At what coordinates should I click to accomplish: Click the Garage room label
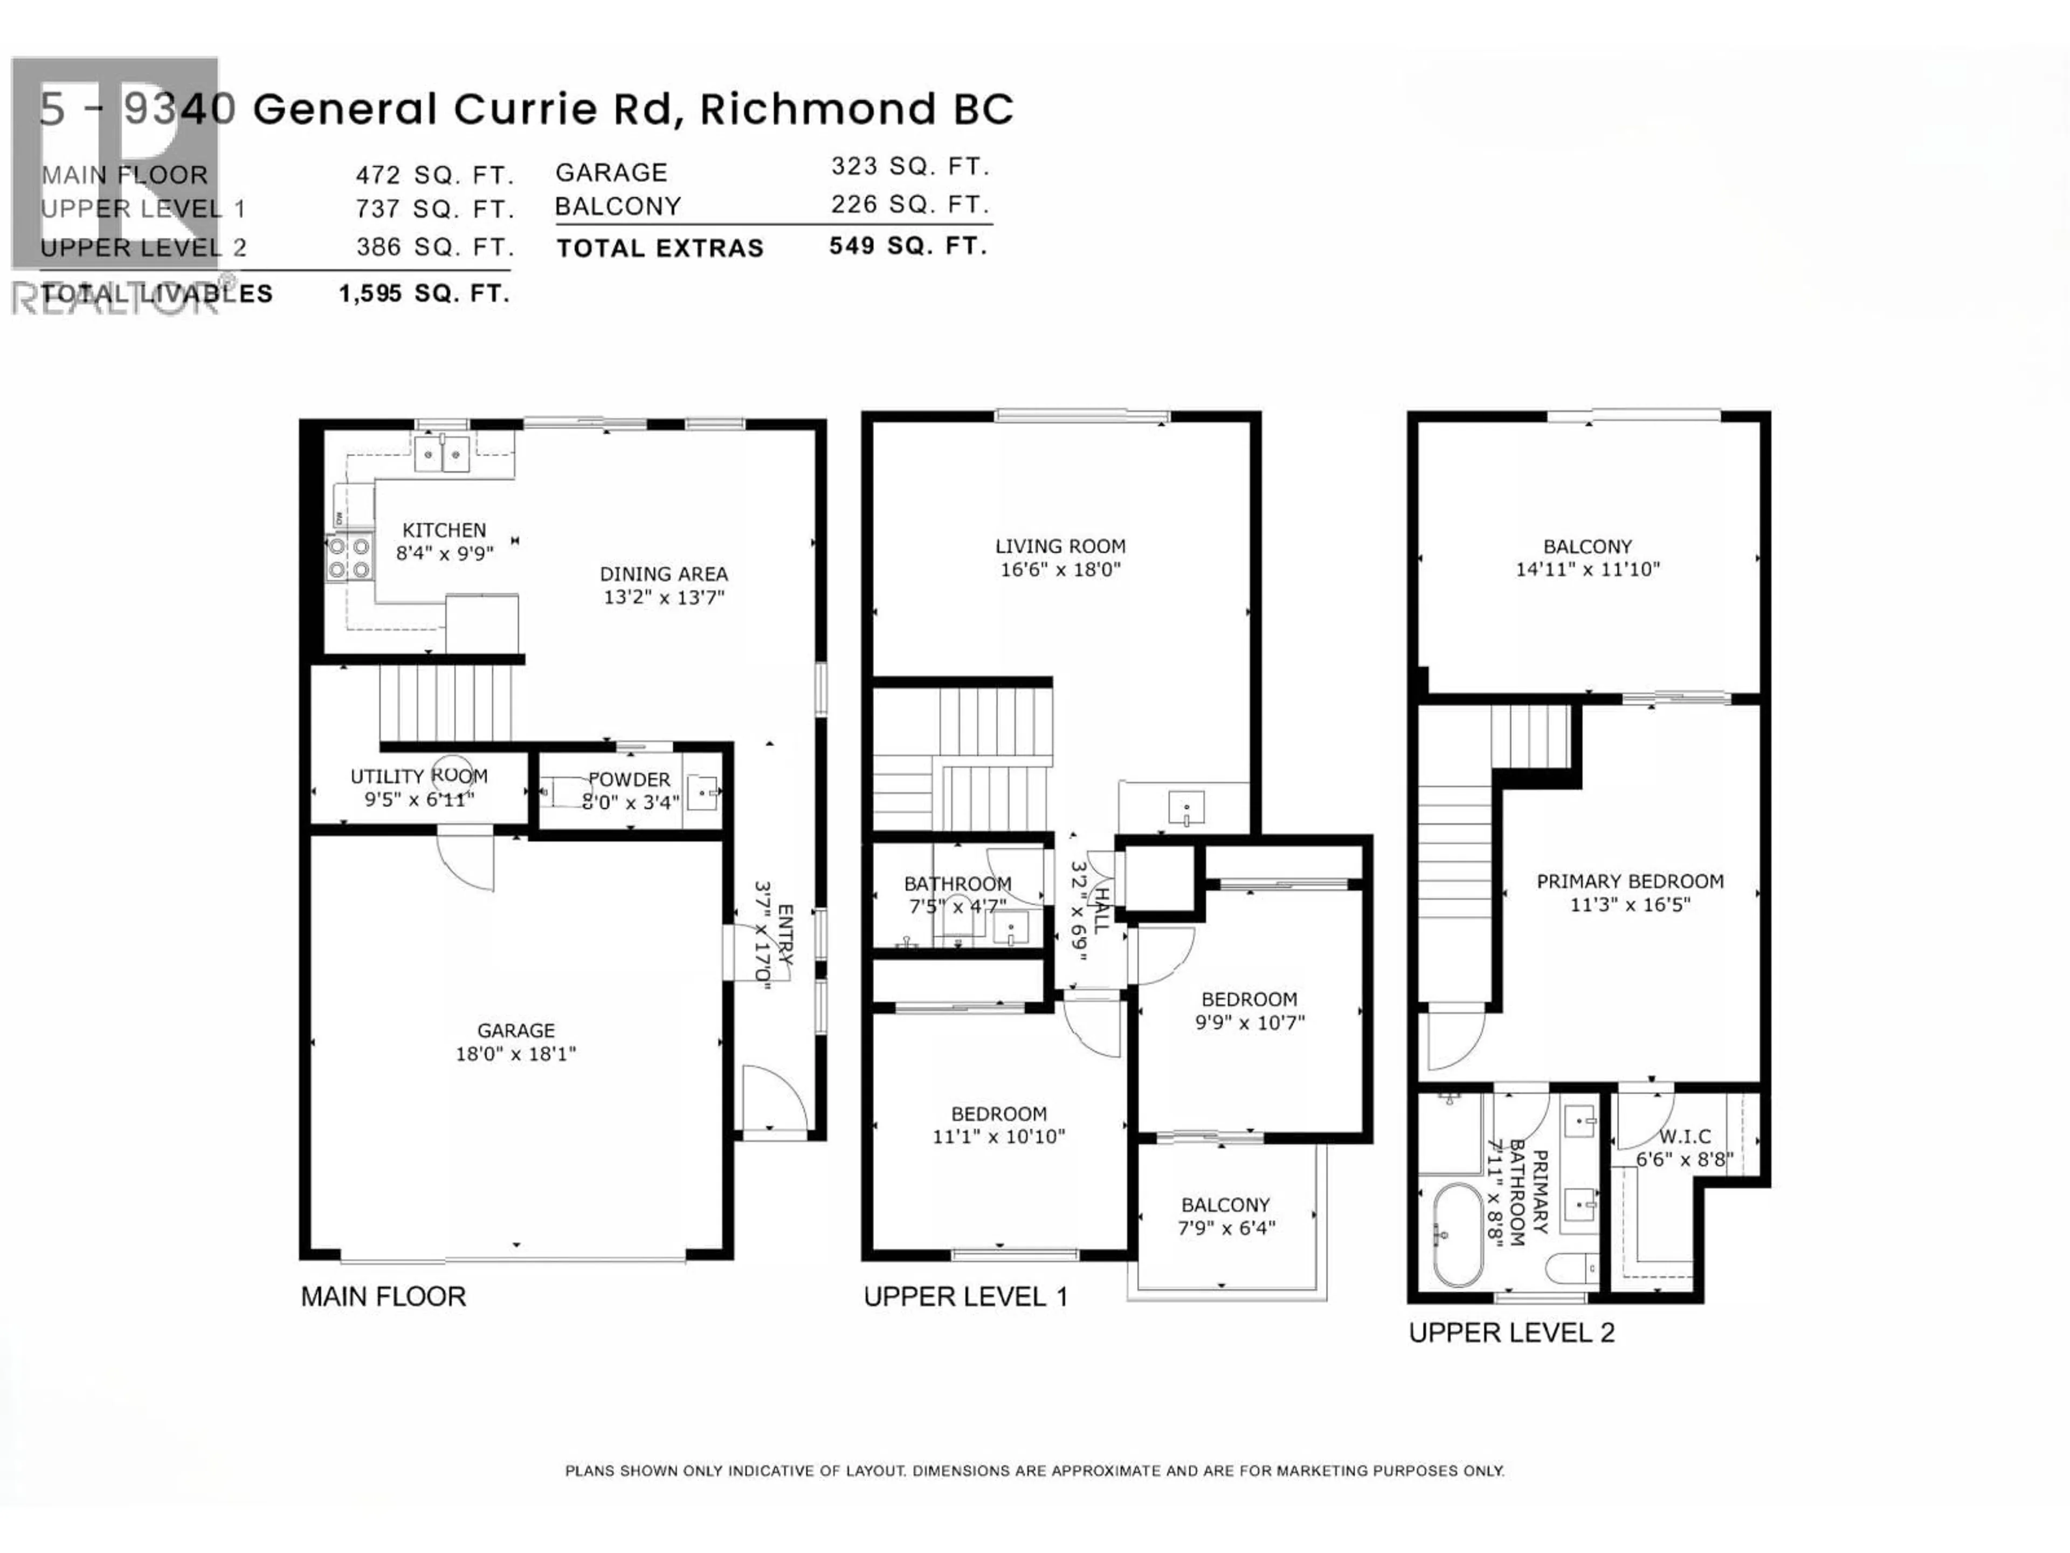pyautogui.click(x=516, y=1030)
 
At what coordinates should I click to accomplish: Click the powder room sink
pyautogui.click(x=703, y=792)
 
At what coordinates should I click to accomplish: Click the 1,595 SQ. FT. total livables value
pyautogui.click(x=424, y=294)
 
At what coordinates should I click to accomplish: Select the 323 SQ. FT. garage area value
pyautogui.click(x=909, y=167)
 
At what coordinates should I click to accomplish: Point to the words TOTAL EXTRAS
pyautogui.click(x=660, y=248)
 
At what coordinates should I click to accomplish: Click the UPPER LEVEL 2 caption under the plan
pyautogui.click(x=1512, y=1332)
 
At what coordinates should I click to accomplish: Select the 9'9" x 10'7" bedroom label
pyautogui.click(x=1250, y=1011)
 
